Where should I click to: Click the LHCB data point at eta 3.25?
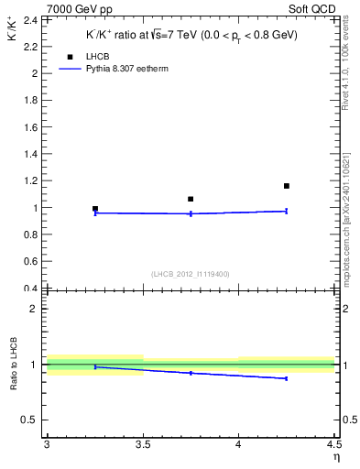95,209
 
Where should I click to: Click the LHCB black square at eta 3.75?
191,199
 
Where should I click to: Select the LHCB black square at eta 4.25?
287,186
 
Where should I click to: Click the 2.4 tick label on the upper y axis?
29,19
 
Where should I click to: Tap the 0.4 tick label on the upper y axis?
29,289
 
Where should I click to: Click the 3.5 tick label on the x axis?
143,445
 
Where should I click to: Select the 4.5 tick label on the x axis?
333,445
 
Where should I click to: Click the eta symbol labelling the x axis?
335,456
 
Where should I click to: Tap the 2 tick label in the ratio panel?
33,309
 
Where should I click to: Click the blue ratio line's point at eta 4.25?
287,378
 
